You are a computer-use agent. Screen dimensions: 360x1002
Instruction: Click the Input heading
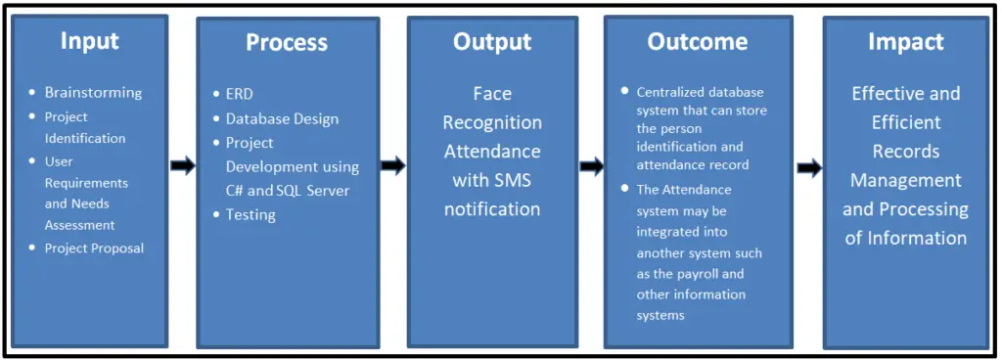pyautogui.click(x=89, y=41)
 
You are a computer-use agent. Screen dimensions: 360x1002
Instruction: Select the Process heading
pyautogui.click(x=286, y=43)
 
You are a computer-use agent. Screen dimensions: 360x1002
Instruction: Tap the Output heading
pyautogui.click(x=491, y=42)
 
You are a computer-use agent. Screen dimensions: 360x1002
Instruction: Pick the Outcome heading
pyautogui.click(x=697, y=42)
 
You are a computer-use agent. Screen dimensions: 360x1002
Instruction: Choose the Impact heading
pyautogui.click(x=905, y=42)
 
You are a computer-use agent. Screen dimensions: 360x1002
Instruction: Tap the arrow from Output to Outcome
pyautogui.click(x=591, y=166)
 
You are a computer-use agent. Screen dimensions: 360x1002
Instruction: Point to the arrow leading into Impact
pyautogui.click(x=809, y=168)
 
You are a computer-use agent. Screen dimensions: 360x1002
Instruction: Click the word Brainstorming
pyautogui.click(x=93, y=93)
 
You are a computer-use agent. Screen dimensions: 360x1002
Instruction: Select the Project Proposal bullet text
pyautogui.click(x=94, y=248)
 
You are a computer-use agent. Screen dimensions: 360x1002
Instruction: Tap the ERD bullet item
pyautogui.click(x=239, y=95)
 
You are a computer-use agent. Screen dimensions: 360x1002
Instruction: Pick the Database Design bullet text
pyautogui.click(x=282, y=119)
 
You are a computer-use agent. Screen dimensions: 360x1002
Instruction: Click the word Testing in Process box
pyautogui.click(x=250, y=215)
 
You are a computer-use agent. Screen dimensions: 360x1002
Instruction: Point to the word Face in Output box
pyautogui.click(x=492, y=94)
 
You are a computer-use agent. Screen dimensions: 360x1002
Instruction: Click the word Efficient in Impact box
pyautogui.click(x=905, y=122)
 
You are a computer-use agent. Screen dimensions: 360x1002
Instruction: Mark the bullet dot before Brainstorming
pyautogui.click(x=33, y=93)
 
